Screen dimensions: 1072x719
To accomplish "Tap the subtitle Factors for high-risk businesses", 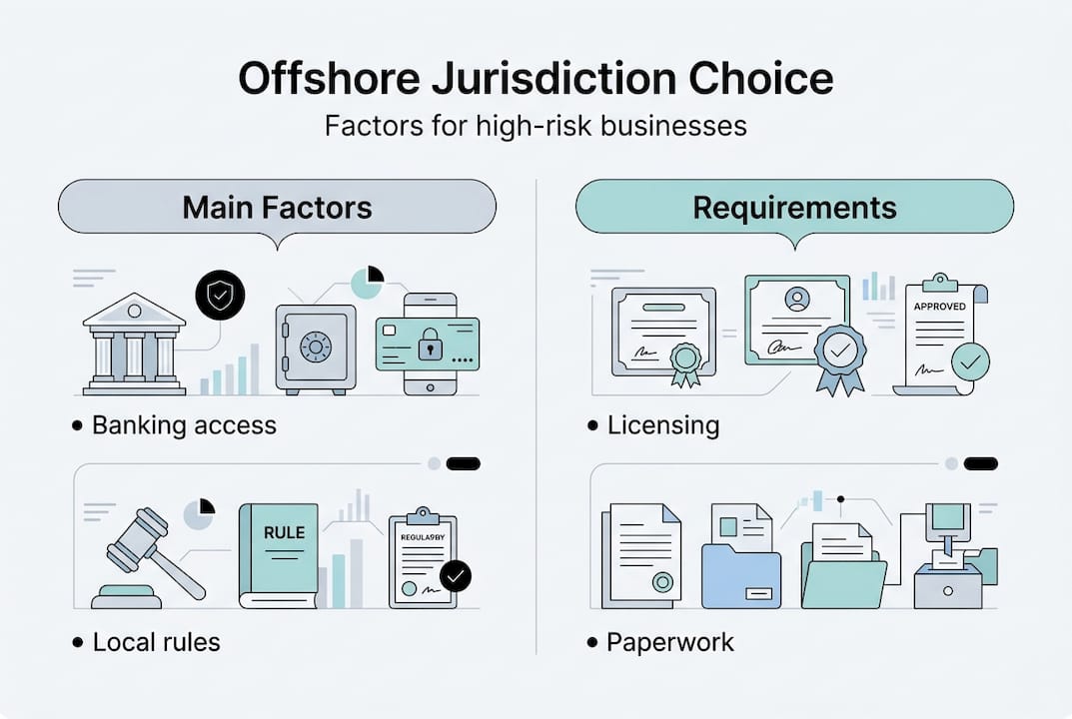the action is pyautogui.click(x=536, y=127).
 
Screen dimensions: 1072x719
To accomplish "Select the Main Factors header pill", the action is pyautogui.click(x=277, y=208).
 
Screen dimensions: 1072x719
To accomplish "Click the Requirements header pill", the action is pyautogui.click(x=794, y=208).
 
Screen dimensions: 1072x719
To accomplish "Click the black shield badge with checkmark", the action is pyautogui.click(x=219, y=296).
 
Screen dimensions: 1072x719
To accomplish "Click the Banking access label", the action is pyautogui.click(x=184, y=425).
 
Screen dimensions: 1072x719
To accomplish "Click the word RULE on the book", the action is pyautogui.click(x=283, y=532).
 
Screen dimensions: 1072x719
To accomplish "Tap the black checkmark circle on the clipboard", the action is pyautogui.click(x=456, y=575).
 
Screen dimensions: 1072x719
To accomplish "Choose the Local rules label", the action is pyautogui.click(x=156, y=641).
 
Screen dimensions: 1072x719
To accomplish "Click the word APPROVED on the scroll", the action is pyautogui.click(x=939, y=307).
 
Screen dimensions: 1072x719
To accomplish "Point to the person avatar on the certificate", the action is pyautogui.click(x=796, y=298).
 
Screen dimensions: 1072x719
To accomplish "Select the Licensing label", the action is pyautogui.click(x=662, y=425).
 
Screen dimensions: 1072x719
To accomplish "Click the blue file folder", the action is pyautogui.click(x=741, y=577).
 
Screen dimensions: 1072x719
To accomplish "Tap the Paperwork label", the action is pyautogui.click(x=669, y=641).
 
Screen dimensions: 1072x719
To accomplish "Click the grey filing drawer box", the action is pyautogui.click(x=947, y=589).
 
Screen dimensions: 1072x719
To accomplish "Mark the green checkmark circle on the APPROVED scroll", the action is pyautogui.click(x=969, y=361).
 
